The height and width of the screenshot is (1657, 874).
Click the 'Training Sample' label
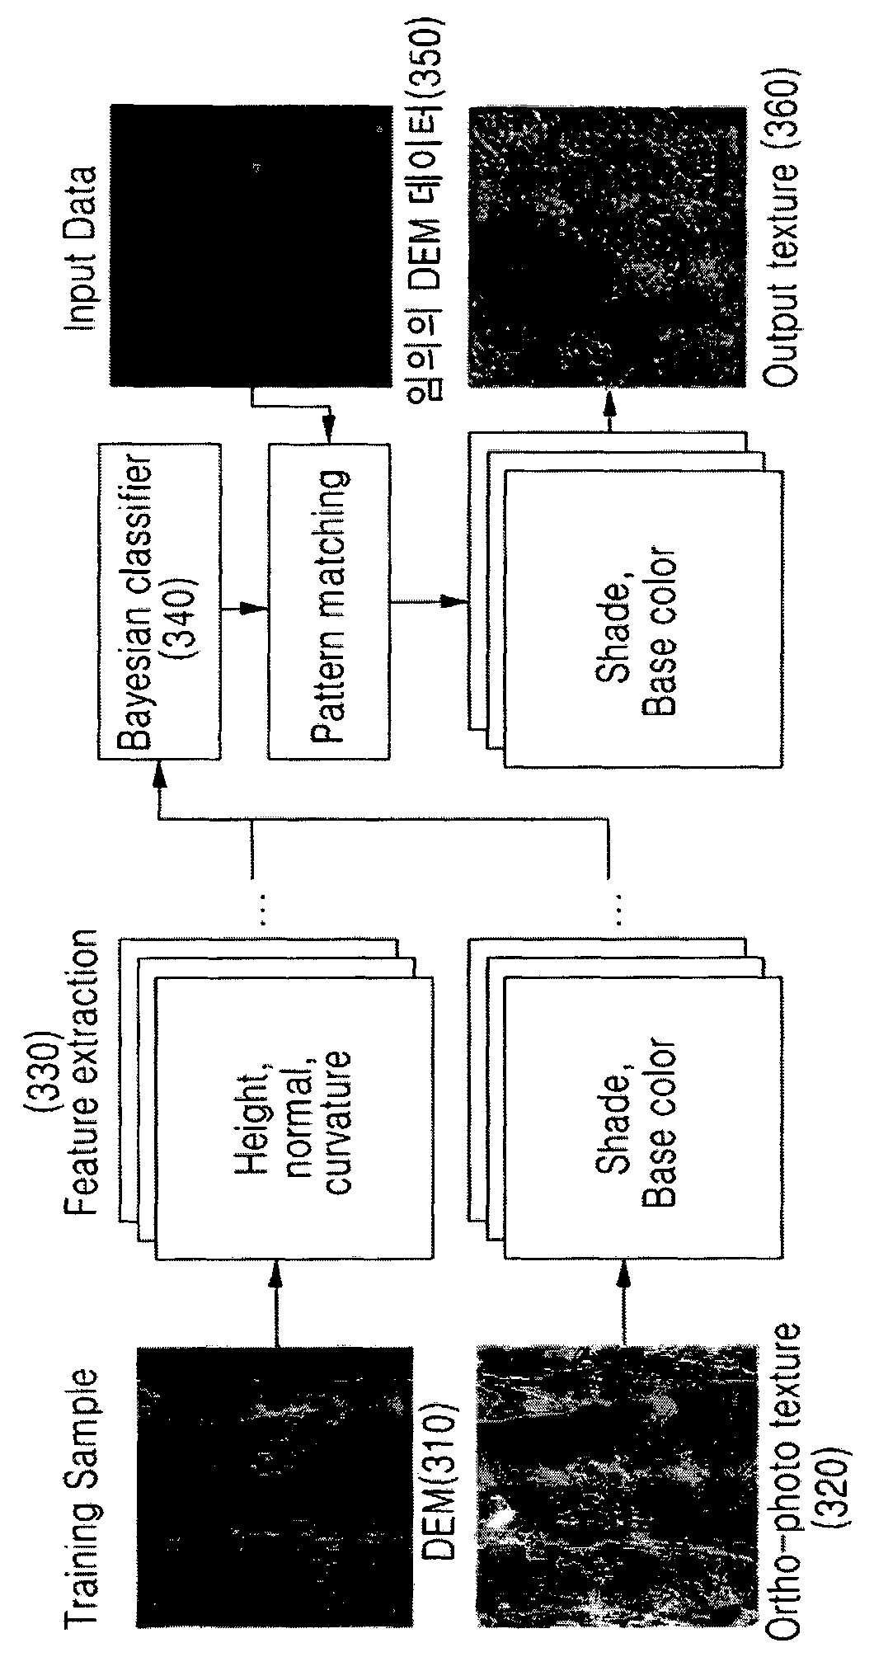click(82, 1468)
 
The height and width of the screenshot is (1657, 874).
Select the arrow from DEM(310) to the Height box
click(275, 1303)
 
